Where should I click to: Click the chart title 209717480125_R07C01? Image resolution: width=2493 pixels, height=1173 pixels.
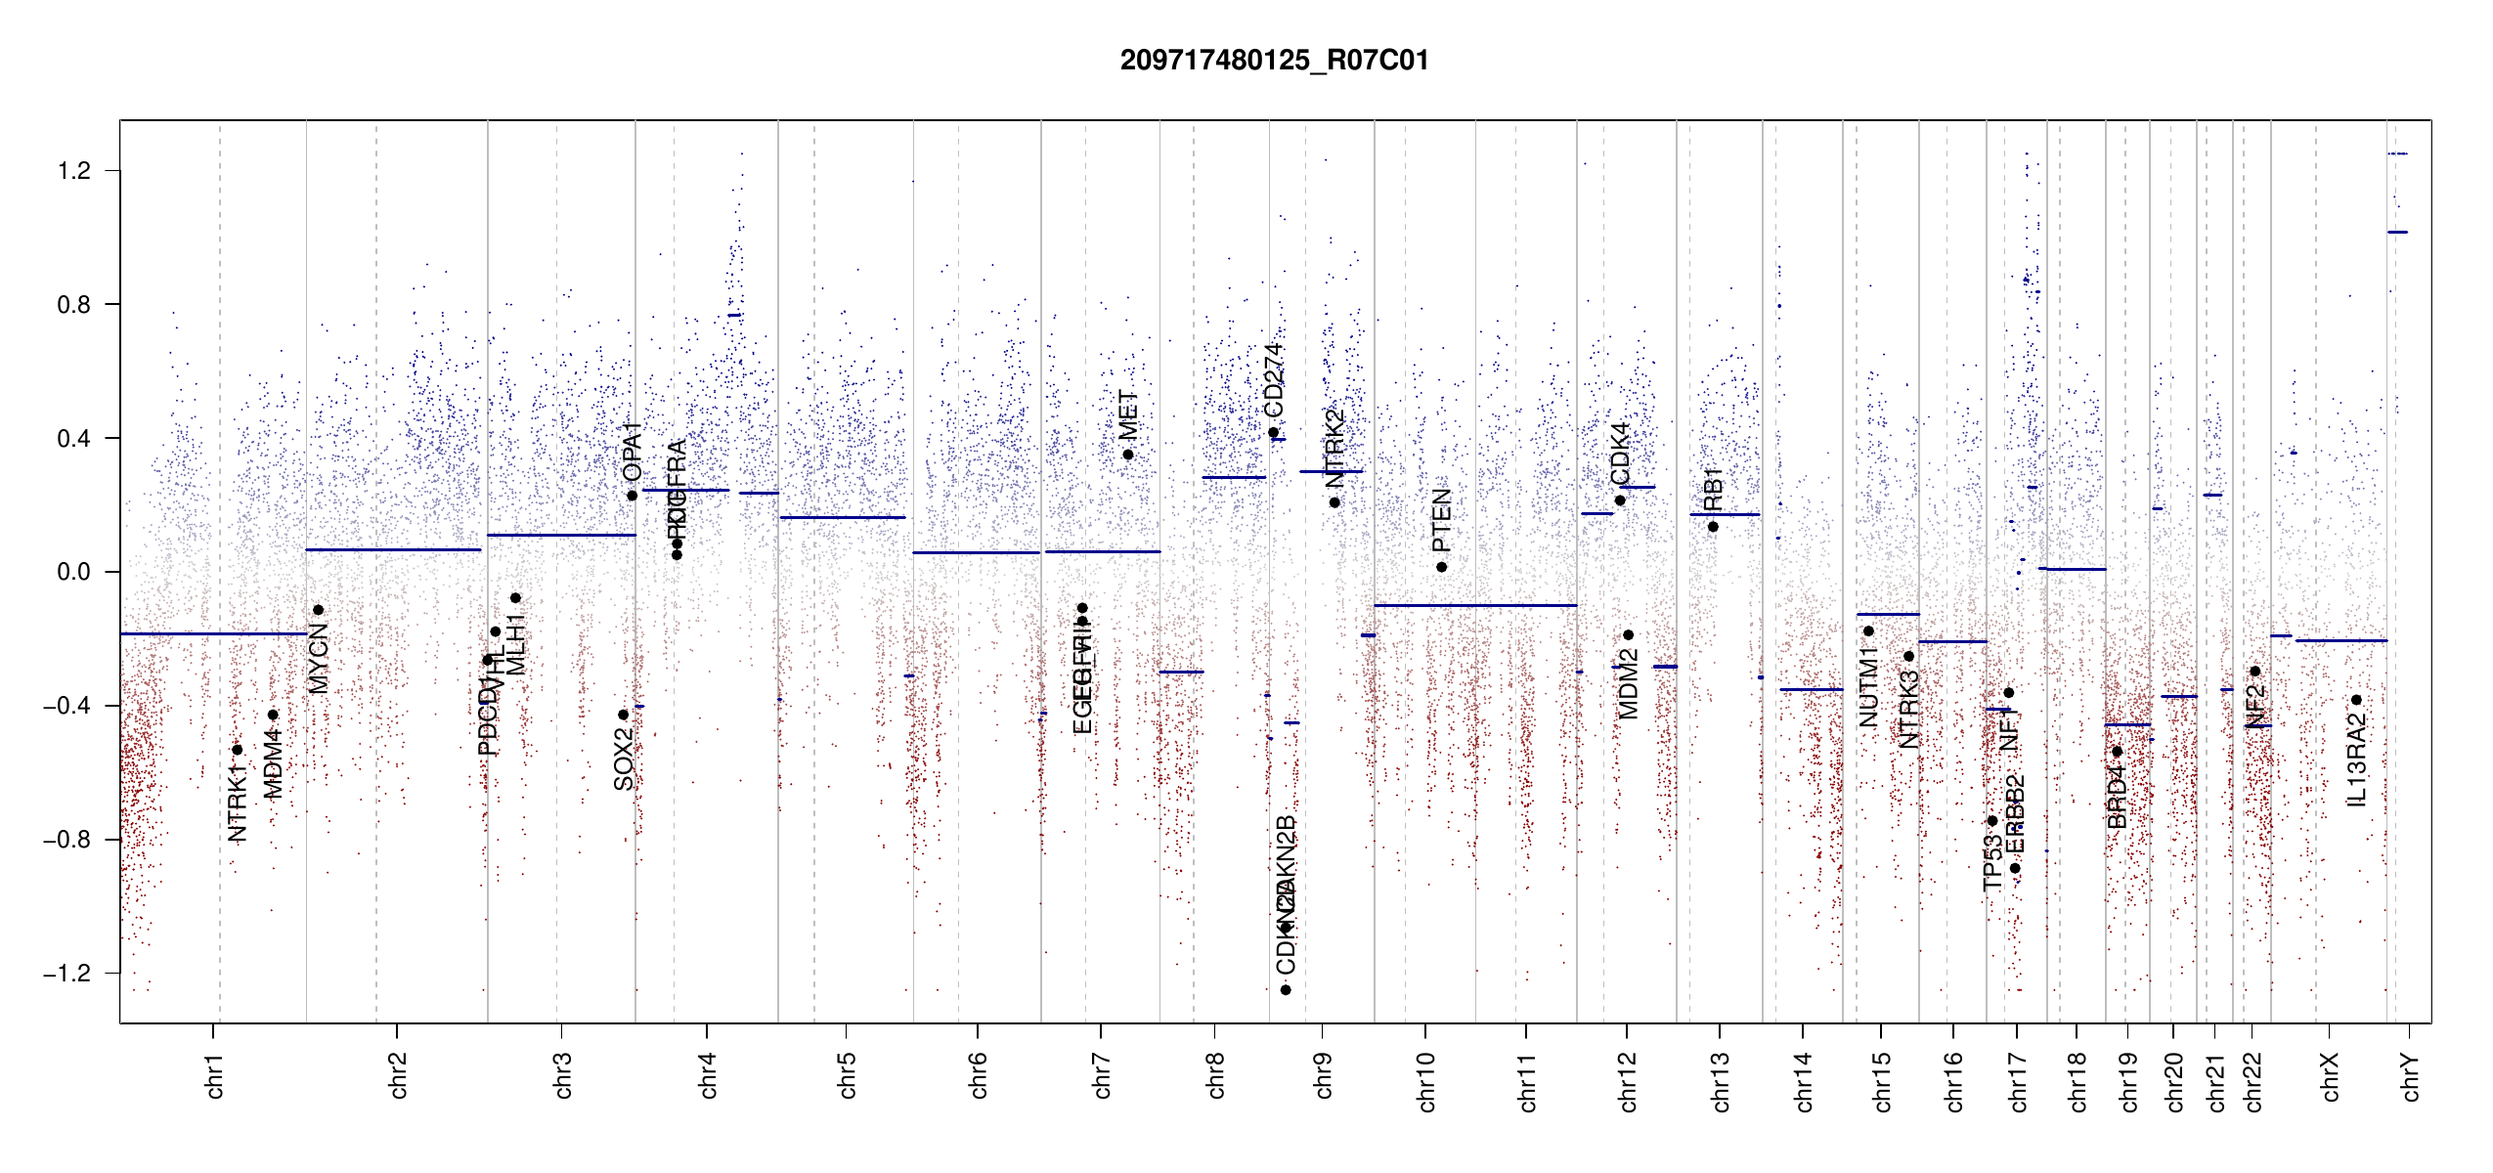(1274, 61)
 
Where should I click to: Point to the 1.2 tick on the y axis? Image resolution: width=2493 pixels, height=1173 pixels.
(74, 171)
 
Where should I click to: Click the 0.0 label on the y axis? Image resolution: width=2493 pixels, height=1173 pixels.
(74, 572)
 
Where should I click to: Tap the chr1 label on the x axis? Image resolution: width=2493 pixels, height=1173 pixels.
(214, 1075)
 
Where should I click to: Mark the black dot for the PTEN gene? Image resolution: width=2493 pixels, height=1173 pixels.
(1441, 567)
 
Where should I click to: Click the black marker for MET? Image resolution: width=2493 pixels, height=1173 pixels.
(1127, 455)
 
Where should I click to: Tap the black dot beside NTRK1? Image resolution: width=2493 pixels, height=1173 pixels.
(237, 750)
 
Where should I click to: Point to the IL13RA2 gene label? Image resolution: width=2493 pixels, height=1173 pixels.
(2356, 760)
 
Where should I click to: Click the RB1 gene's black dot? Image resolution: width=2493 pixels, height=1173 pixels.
(1713, 527)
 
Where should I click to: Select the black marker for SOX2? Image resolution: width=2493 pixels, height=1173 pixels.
(623, 715)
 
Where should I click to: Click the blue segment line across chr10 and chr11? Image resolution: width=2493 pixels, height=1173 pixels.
(1474, 605)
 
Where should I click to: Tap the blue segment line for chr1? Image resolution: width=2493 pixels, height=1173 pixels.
(213, 633)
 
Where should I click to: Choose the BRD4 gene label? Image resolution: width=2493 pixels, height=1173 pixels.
(2117, 798)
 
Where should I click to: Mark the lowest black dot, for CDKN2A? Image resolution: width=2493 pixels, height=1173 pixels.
(1286, 990)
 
